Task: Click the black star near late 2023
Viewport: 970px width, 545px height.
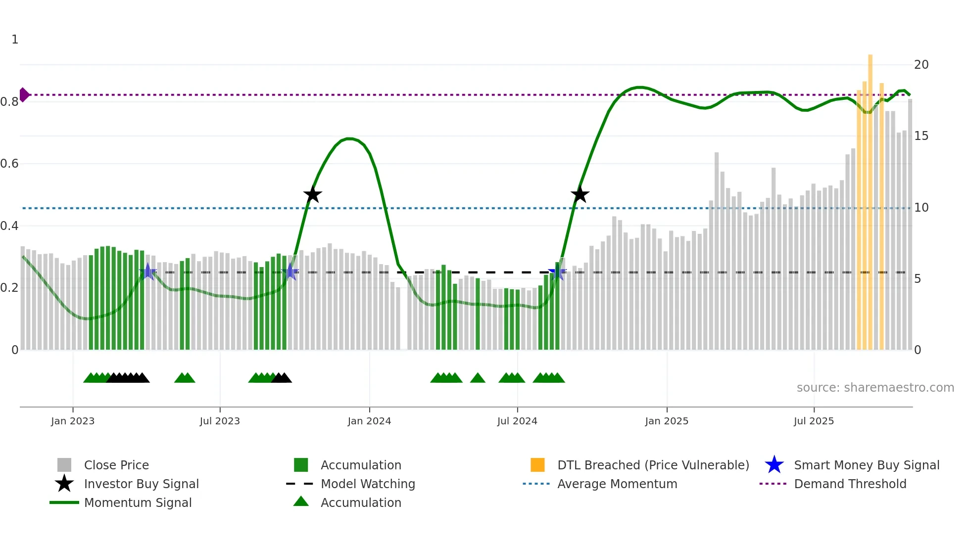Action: [x=312, y=194]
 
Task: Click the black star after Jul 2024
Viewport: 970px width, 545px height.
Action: [x=580, y=194]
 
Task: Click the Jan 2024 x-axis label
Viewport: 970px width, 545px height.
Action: [x=369, y=421]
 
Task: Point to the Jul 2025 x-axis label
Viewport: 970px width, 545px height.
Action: [x=814, y=421]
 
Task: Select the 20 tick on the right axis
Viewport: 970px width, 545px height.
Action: [x=921, y=65]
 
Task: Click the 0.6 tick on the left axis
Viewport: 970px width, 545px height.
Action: [x=10, y=164]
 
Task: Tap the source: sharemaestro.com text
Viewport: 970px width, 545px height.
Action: [x=875, y=388]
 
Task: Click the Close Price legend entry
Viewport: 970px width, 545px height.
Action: [x=116, y=465]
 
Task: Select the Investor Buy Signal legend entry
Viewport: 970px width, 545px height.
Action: [x=141, y=484]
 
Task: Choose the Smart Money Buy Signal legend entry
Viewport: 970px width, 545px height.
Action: [x=866, y=465]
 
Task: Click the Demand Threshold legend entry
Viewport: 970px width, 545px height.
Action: [x=850, y=484]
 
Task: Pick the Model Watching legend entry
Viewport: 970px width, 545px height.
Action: [x=368, y=484]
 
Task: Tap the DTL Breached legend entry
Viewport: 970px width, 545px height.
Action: [x=653, y=465]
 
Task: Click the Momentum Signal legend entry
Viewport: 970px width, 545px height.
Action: [x=138, y=502]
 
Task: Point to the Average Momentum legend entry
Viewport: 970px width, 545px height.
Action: [x=617, y=484]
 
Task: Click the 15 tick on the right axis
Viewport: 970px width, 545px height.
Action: [x=921, y=136]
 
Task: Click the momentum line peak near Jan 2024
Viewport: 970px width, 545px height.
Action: [x=349, y=138]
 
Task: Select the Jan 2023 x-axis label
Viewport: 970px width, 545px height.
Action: [x=73, y=421]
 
